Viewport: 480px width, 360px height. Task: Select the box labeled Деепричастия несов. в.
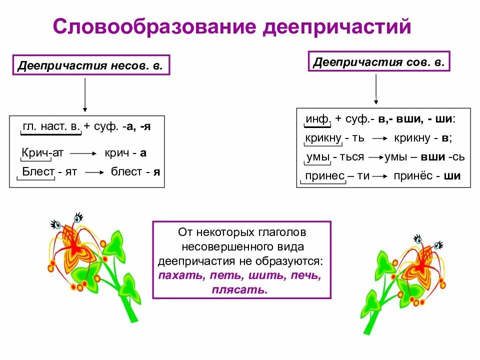[x=91, y=65]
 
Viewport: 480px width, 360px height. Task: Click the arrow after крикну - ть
[x=378, y=138]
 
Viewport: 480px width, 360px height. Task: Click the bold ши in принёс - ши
[x=452, y=176]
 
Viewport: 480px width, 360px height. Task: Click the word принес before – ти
[x=325, y=176]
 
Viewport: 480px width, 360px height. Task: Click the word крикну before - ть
[x=323, y=138]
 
